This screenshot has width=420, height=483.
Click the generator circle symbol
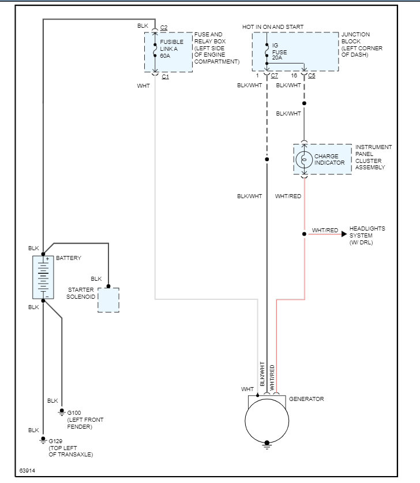[x=267, y=420]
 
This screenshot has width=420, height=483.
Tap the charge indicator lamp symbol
[x=304, y=159]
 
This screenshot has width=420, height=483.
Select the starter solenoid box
[x=108, y=300]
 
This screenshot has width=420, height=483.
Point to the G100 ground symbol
[x=62, y=413]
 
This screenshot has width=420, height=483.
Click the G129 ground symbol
[x=43, y=440]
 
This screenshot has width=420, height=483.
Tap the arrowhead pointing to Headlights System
[x=344, y=234]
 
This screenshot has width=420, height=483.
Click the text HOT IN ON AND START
[x=273, y=27]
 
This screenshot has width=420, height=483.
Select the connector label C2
[x=164, y=28]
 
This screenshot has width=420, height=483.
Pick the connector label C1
[x=165, y=77]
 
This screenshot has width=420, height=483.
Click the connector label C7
[x=275, y=76]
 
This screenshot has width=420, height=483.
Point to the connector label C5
[x=312, y=76]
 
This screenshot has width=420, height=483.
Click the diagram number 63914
[x=27, y=471]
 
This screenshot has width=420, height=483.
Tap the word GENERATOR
[x=306, y=399]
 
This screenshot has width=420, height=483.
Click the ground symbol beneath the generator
[x=267, y=444]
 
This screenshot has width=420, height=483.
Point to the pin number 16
[x=294, y=76]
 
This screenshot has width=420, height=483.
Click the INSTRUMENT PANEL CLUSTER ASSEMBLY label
[x=373, y=157]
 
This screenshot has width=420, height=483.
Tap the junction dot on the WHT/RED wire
[x=304, y=234]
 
